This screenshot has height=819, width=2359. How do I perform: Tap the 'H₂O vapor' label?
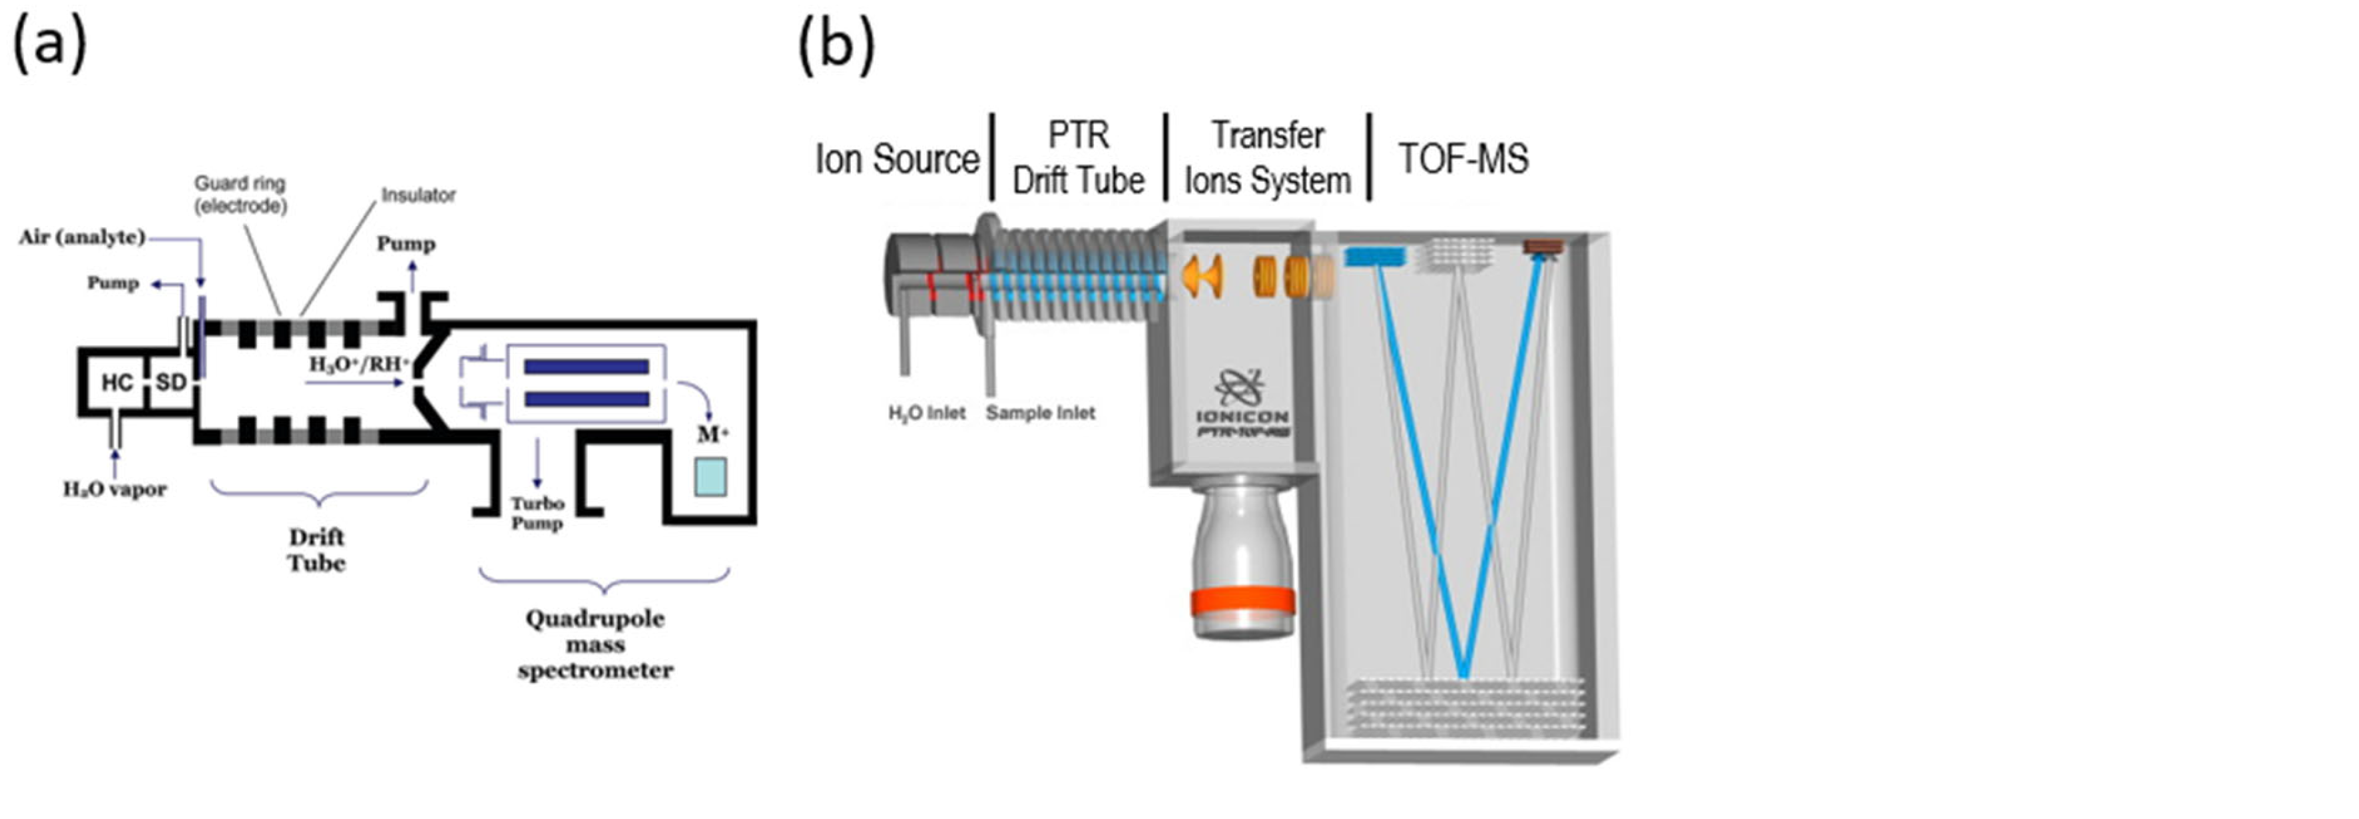click(x=115, y=489)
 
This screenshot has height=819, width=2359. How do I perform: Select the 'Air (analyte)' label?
click(x=83, y=237)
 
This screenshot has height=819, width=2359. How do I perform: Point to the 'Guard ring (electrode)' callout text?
click(x=240, y=194)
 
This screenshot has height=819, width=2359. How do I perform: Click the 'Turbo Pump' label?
click(x=537, y=513)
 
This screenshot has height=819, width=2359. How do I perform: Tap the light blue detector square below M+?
click(x=710, y=477)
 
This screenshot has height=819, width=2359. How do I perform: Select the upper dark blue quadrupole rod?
click(x=586, y=367)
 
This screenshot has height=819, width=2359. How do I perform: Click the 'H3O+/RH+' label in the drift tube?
click(x=359, y=365)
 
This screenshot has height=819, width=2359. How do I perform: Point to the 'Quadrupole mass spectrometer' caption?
click(x=595, y=644)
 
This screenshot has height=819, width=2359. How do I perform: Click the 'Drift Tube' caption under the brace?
click(x=317, y=550)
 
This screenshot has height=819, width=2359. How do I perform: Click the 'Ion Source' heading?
click(x=897, y=159)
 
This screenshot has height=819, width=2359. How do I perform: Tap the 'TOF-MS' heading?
click(x=1462, y=159)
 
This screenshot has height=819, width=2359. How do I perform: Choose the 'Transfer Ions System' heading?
click(x=1268, y=157)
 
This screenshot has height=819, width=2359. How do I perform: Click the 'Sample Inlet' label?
click(x=1040, y=413)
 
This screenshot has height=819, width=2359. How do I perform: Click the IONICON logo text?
click(x=1242, y=416)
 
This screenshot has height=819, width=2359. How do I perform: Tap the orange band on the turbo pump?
click(x=1242, y=601)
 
